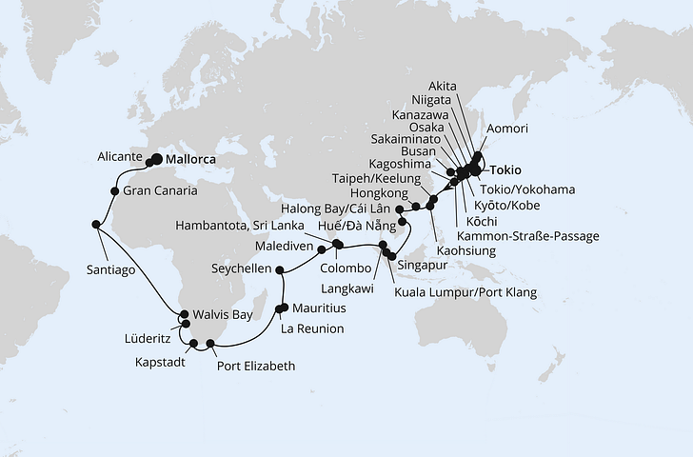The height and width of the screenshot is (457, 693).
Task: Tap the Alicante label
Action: (121, 155)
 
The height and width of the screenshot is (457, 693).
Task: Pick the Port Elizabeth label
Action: (256, 365)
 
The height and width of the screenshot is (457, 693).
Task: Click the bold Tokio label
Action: (505, 170)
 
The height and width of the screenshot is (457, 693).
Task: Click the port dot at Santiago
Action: (96, 225)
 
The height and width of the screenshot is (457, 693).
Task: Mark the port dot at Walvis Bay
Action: (184, 312)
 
